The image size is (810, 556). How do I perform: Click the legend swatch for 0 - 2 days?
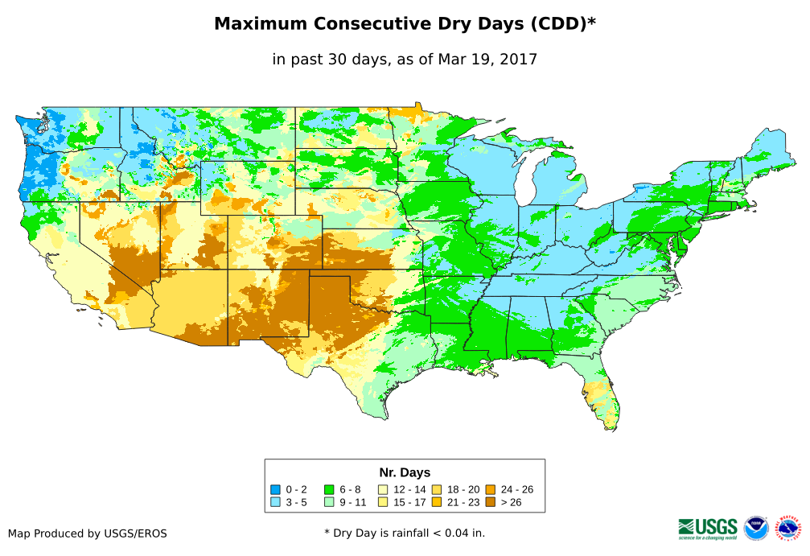pyautogui.click(x=275, y=489)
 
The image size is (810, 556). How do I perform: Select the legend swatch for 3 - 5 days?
pyautogui.click(x=275, y=502)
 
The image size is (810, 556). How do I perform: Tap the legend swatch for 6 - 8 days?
pyautogui.click(x=329, y=489)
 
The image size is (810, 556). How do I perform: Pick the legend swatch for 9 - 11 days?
pyautogui.click(x=329, y=502)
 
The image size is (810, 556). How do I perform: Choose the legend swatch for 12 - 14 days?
pyautogui.click(x=383, y=489)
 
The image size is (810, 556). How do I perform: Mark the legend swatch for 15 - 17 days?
pyautogui.click(x=383, y=502)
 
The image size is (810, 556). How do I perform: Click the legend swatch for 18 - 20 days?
pyautogui.click(x=436, y=489)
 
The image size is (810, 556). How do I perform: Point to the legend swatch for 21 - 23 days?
pyautogui.click(x=436, y=502)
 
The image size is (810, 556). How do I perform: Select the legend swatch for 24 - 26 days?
pyautogui.click(x=490, y=489)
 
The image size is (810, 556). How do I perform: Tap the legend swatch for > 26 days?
pyautogui.click(x=490, y=502)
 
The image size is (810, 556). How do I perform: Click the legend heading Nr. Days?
pyautogui.click(x=405, y=472)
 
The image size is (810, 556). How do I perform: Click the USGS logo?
pyautogui.click(x=708, y=528)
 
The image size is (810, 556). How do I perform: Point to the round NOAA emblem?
pyautogui.click(x=756, y=528)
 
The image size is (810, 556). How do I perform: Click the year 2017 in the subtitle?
pyautogui.click(x=519, y=59)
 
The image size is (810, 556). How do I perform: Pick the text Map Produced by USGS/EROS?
pyautogui.click(x=88, y=533)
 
